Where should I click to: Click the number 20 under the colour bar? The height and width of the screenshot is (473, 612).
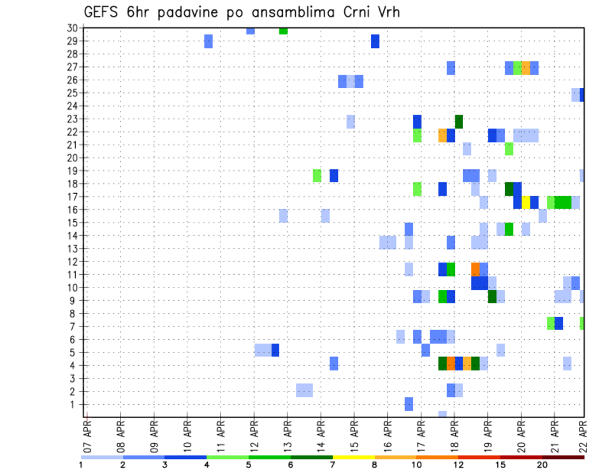(543, 465)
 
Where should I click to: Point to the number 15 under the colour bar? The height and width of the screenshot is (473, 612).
(500, 465)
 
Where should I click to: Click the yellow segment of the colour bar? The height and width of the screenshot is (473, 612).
(354, 457)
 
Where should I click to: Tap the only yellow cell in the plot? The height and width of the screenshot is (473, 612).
(526, 202)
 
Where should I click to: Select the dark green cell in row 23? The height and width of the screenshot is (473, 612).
(458, 121)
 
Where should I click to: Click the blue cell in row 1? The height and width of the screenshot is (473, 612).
(409, 404)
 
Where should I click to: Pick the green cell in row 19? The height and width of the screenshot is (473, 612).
(317, 175)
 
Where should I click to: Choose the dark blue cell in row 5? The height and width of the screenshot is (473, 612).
(275, 350)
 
